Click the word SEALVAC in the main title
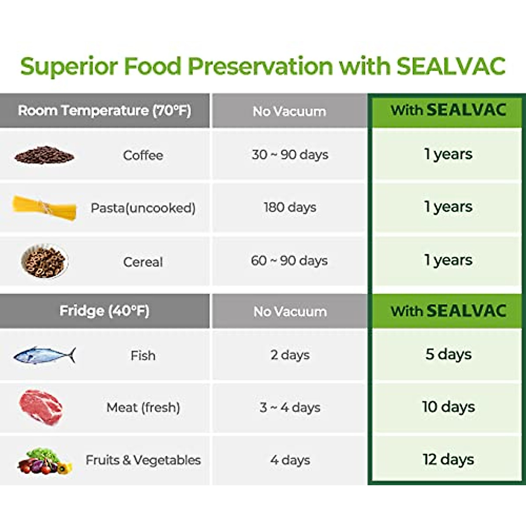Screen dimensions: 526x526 [451, 66]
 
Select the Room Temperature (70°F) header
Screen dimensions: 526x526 [104, 110]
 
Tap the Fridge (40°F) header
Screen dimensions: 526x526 [104, 311]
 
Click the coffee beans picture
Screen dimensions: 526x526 [44, 155]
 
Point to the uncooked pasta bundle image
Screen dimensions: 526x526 [44, 207]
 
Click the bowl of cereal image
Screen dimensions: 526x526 [44, 261]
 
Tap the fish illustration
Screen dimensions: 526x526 [44, 355]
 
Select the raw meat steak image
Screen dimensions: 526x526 [41, 407]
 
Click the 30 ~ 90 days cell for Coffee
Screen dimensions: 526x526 [290, 155]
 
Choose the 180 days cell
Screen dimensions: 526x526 [290, 207]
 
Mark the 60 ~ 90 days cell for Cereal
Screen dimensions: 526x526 [289, 261]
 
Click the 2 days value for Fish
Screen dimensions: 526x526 [290, 355]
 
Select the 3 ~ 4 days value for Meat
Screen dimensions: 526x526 [290, 407]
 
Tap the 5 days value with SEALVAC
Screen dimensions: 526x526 [448, 354]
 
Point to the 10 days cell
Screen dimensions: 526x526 [448, 407]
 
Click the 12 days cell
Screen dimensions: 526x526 [448, 459]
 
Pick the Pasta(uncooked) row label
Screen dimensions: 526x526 [143, 208]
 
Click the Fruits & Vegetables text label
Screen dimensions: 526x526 [143, 460]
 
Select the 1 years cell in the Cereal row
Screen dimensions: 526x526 [448, 260]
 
